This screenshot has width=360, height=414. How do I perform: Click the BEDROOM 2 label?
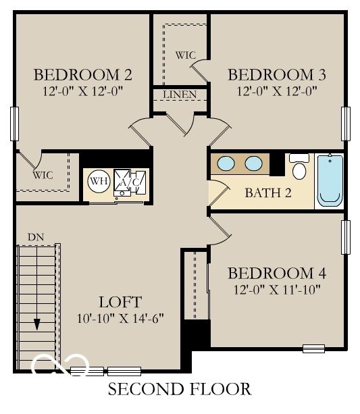pos(82,74)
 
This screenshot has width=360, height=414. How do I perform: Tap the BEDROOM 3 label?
pos(276,74)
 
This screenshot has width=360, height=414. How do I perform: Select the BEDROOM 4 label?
pos(277,274)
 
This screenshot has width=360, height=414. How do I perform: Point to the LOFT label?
pos(120,302)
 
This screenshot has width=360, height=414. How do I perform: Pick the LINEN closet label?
pos(180,95)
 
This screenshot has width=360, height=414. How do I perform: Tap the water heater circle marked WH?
pos(99,181)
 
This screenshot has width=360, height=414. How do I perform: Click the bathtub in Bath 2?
pos(330,179)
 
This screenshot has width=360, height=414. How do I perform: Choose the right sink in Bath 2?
pos(253,163)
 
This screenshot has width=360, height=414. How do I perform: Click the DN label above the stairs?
pos(35,237)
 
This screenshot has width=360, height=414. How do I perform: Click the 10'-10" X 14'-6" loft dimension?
pos(120,317)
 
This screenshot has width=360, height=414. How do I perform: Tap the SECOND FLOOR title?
pos(180,389)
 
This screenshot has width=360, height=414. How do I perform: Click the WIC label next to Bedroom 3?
pos(184,54)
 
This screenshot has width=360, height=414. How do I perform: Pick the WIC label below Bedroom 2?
pos(43,175)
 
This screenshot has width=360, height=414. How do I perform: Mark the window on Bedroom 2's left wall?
pos(14,124)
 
